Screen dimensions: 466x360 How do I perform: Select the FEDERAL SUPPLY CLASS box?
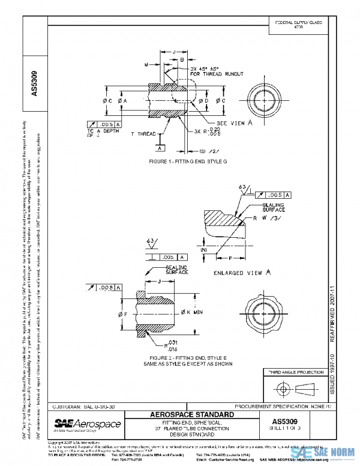click(298, 25)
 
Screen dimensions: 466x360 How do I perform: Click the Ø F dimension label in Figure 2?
click(122, 313)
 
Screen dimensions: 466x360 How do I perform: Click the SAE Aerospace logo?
click(88, 425)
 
